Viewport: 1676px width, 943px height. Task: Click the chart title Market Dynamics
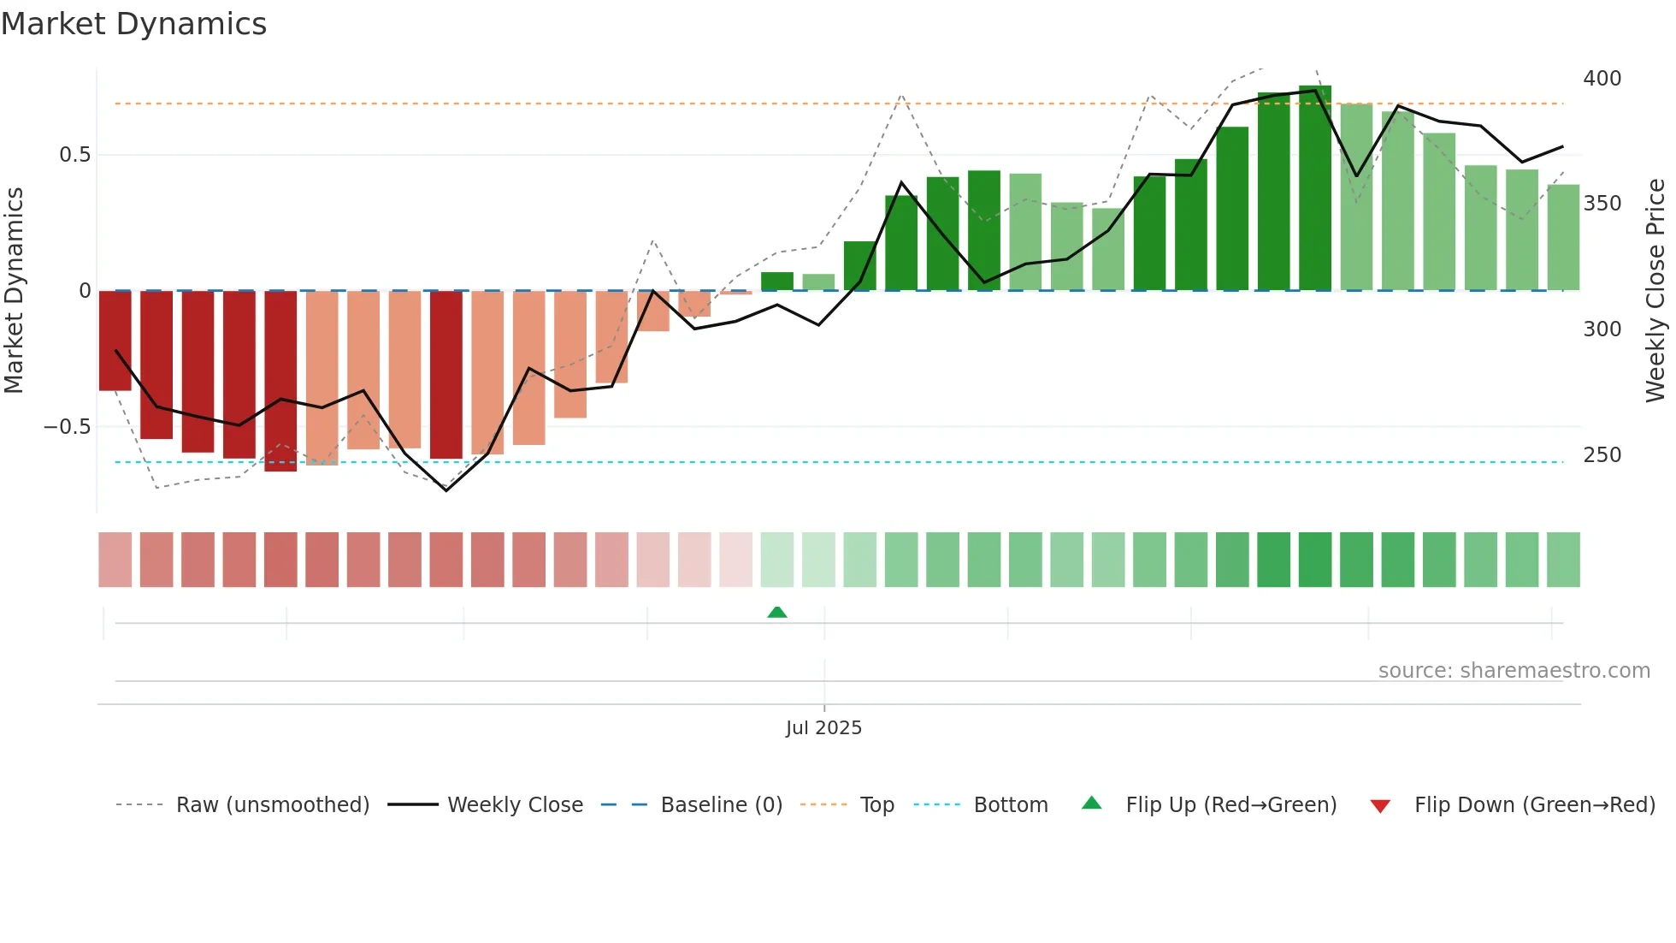[134, 24]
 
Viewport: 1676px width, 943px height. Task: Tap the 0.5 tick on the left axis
[74, 155]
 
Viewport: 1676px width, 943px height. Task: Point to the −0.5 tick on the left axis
[68, 427]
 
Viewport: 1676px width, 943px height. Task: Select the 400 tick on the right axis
[1602, 79]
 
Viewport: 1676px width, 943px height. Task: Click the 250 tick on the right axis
[1602, 455]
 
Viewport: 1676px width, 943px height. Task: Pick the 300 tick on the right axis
[1602, 329]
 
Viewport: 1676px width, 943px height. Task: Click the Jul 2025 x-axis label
[823, 728]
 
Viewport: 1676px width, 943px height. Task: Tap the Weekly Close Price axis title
[1655, 291]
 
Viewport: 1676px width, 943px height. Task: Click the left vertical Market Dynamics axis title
[14, 291]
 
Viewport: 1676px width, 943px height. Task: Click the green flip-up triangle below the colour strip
[777, 613]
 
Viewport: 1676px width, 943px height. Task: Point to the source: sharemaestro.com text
[1514, 671]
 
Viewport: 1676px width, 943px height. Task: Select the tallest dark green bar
[1315, 188]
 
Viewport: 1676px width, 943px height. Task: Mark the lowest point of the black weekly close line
[446, 490]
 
